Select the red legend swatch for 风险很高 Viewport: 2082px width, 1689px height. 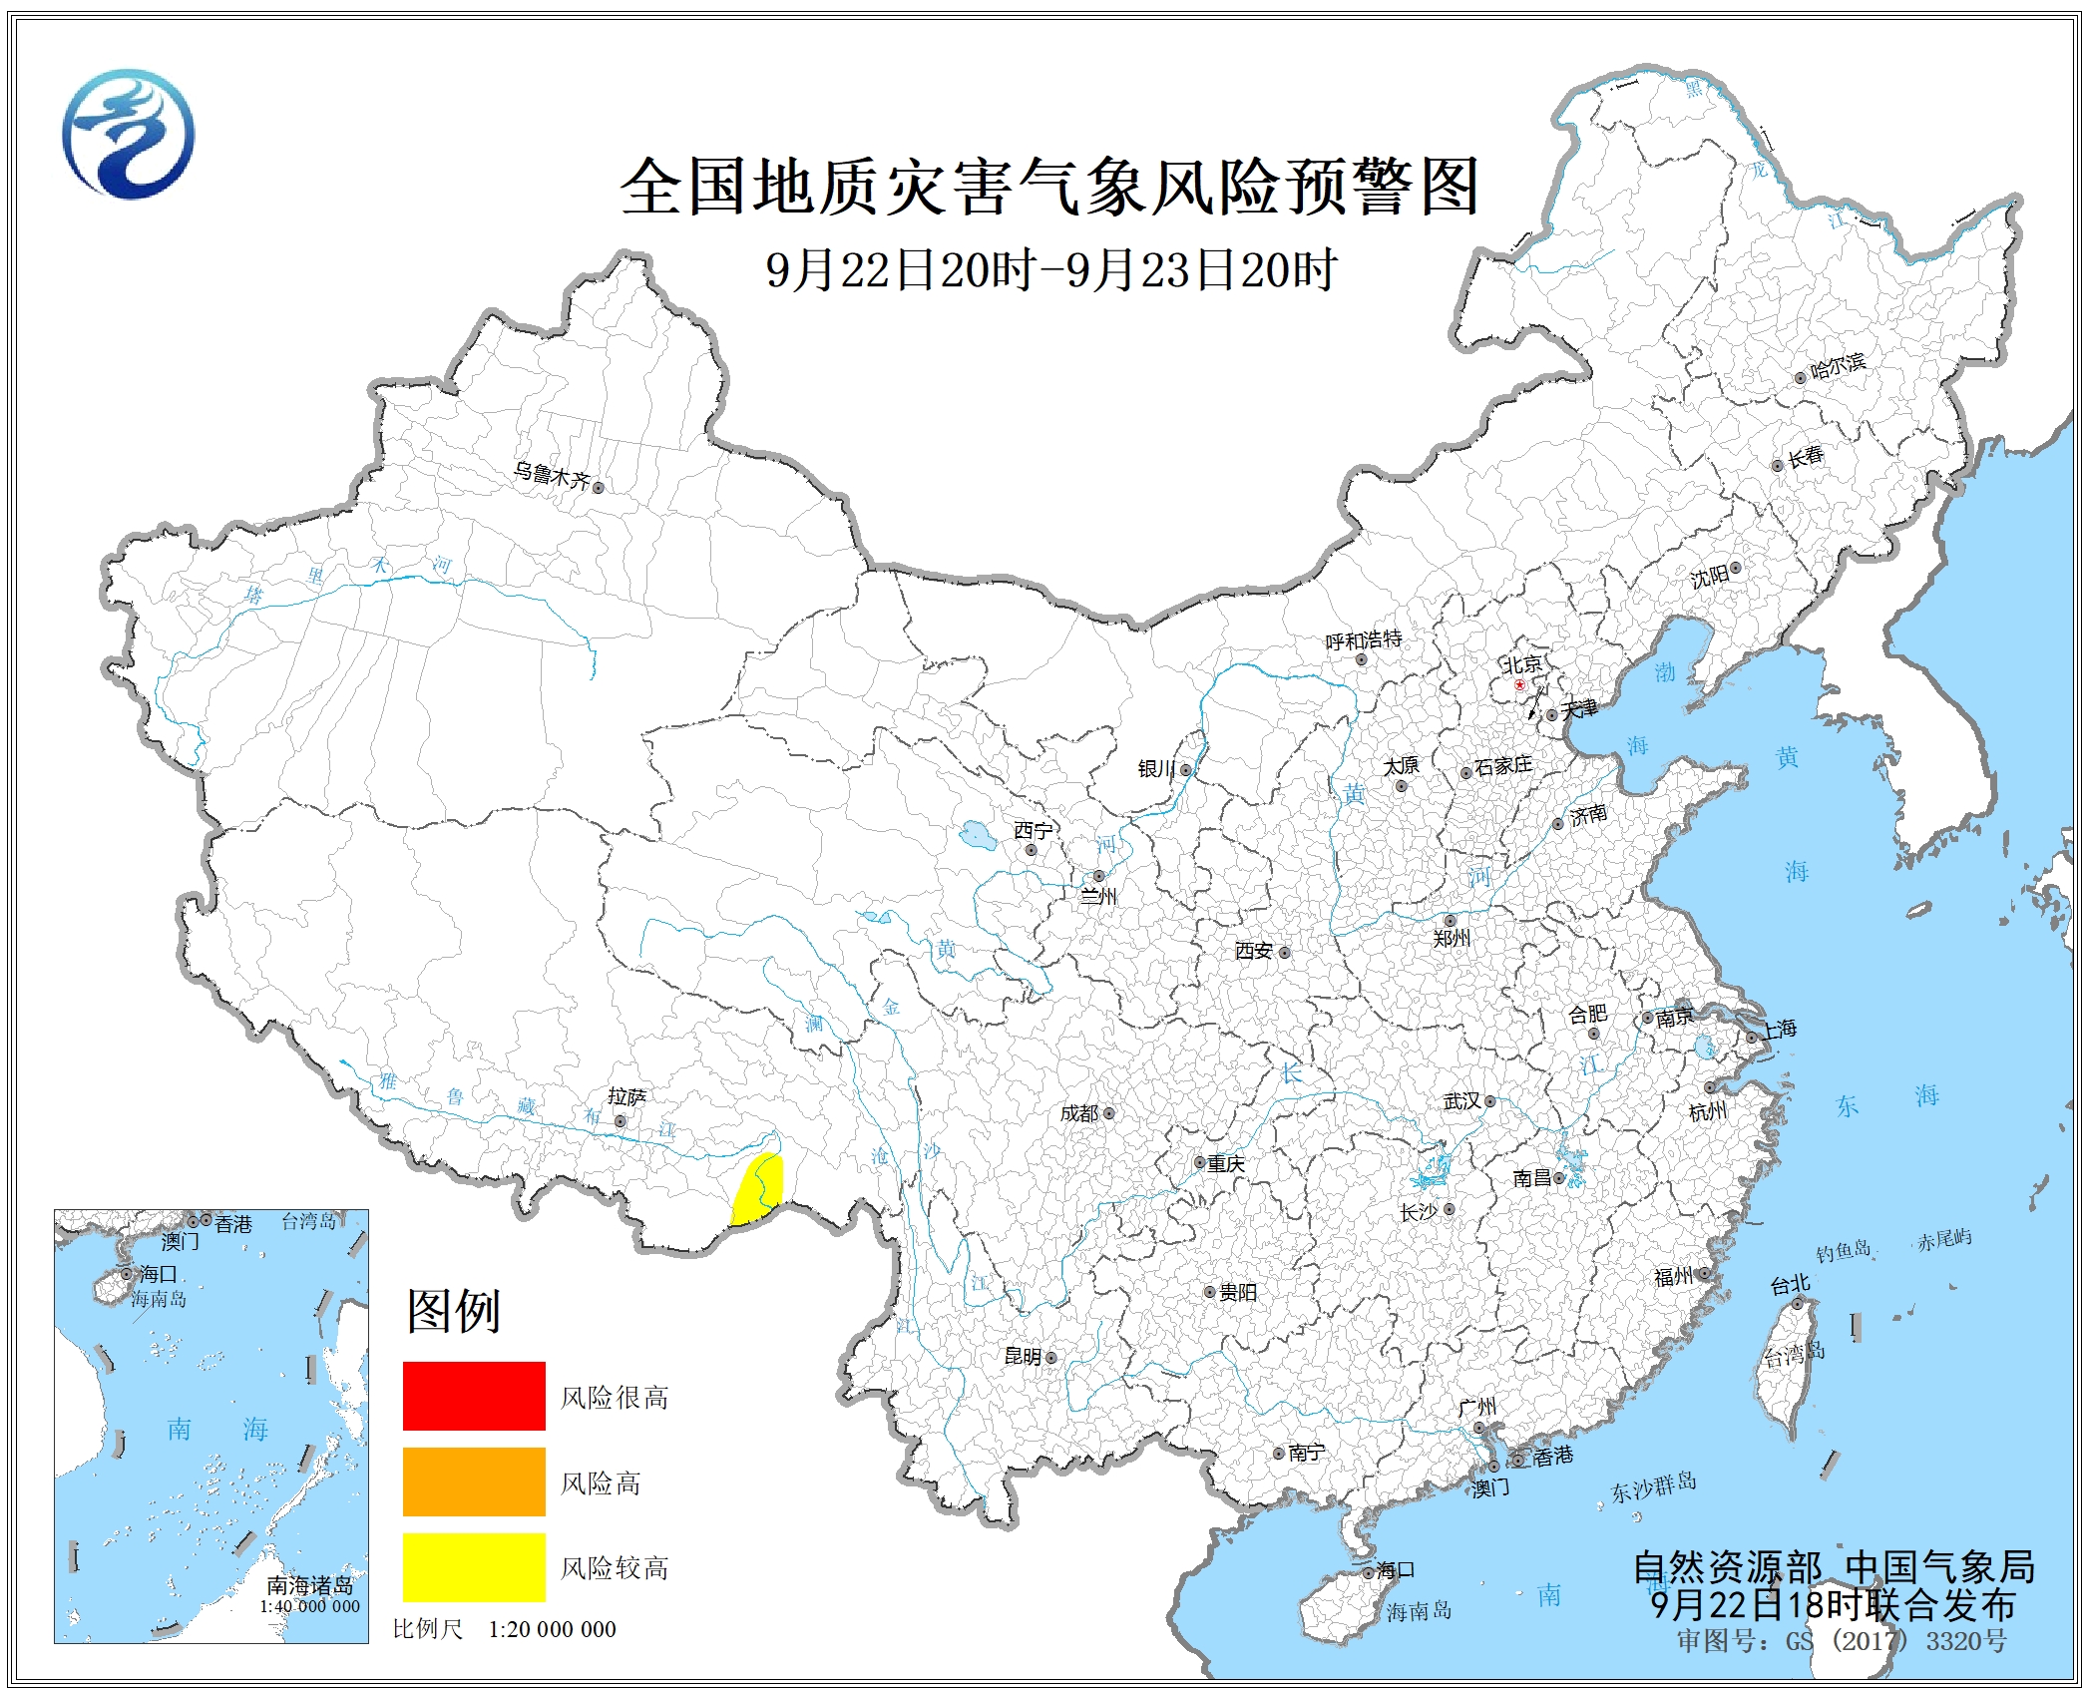474,1395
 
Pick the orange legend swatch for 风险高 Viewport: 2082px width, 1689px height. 474,1480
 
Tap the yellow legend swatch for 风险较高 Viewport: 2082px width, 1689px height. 474,1566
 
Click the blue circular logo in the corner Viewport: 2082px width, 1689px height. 128,134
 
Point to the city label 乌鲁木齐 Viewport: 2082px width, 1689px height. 552,474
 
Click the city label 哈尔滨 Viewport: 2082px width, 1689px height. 1838,365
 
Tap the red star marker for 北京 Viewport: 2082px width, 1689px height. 1519,685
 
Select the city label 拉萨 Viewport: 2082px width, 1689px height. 626,1097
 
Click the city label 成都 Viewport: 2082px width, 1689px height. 1079,1113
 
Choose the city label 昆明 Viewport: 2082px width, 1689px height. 1023,1356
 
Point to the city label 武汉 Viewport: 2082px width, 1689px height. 1462,1100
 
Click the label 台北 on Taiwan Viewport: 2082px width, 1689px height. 1790,1285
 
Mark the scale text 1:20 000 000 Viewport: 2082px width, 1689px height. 552,1629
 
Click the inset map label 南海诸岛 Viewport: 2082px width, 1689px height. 309,1585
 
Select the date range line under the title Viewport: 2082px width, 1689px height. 1050,270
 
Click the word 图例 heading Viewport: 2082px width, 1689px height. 453,1311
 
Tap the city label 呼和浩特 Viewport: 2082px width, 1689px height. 1363,640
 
